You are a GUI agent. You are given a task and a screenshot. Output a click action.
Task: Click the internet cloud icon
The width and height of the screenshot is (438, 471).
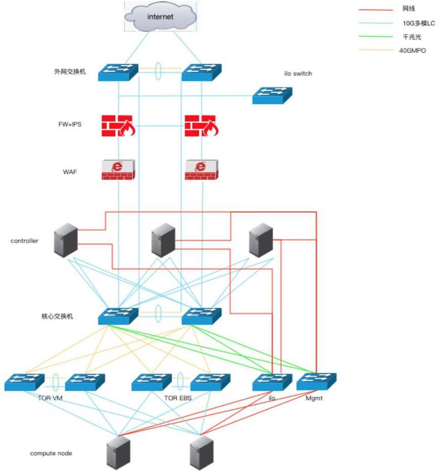[x=160, y=16]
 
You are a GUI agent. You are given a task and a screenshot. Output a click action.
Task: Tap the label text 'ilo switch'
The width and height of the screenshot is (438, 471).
[x=298, y=74]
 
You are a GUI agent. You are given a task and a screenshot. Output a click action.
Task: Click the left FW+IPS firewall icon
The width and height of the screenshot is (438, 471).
[x=118, y=126]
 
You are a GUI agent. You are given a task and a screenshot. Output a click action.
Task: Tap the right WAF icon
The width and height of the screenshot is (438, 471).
[x=201, y=169]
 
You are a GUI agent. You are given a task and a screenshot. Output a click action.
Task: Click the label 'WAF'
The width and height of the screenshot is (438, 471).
[x=70, y=172]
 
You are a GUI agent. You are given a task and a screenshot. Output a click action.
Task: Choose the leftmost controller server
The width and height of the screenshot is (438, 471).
[x=66, y=240]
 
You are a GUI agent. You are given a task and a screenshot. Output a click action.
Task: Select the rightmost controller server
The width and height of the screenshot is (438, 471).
[x=261, y=240]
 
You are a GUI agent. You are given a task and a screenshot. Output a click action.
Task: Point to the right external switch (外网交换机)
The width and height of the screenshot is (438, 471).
[x=201, y=72]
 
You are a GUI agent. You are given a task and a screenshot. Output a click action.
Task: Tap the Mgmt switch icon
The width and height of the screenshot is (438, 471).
[x=316, y=382]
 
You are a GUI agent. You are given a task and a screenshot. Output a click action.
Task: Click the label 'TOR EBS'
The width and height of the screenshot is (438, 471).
[x=178, y=398]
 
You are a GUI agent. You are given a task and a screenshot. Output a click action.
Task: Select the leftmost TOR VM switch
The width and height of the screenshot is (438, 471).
[x=24, y=382]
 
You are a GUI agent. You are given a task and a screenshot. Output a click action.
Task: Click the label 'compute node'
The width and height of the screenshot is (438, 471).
[x=51, y=453]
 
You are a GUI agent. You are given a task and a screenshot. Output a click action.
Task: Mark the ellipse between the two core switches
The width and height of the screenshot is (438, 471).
[x=159, y=311]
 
